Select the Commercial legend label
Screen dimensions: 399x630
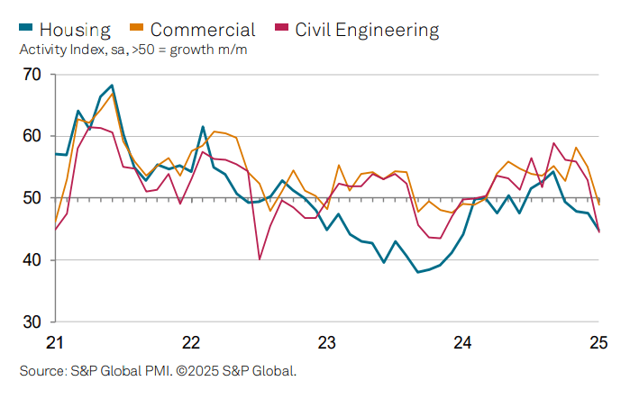pyautogui.click(x=203, y=30)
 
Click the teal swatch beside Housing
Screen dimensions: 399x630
pyautogui.click(x=27, y=30)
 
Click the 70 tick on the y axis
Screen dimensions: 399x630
pyautogui.click(x=32, y=75)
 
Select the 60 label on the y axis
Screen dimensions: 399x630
pyautogui.click(x=32, y=136)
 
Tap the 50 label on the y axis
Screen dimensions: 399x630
pyautogui.click(x=32, y=198)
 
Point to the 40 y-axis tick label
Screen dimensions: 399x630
pyautogui.click(x=32, y=260)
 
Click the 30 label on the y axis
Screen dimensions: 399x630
pyautogui.click(x=32, y=322)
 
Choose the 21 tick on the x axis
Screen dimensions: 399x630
pyautogui.click(x=54, y=342)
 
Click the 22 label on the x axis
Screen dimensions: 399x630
pyautogui.click(x=191, y=342)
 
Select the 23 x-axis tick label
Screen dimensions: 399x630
pyautogui.click(x=327, y=342)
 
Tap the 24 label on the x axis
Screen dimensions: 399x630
pyautogui.click(x=463, y=342)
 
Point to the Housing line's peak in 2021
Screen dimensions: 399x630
pyautogui.click(x=112, y=86)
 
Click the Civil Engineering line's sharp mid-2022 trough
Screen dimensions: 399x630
pyautogui.click(x=260, y=259)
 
